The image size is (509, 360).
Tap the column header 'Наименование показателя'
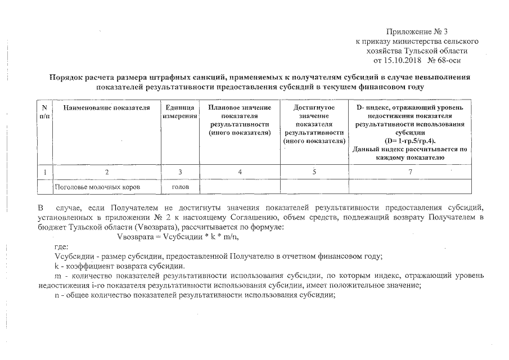point(106,107)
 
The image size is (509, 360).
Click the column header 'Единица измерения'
point(181,111)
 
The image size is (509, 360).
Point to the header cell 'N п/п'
point(44,111)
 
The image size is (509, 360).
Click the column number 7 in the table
point(410,171)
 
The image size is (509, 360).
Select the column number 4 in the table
point(240,171)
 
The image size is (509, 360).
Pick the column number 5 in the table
point(314,171)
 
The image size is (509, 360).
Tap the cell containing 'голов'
point(181,186)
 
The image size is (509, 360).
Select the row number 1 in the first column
point(44,171)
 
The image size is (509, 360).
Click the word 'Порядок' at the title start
point(67,78)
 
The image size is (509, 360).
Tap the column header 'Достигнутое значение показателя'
point(314,119)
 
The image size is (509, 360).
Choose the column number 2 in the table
point(106,171)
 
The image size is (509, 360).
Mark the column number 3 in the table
point(181,171)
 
